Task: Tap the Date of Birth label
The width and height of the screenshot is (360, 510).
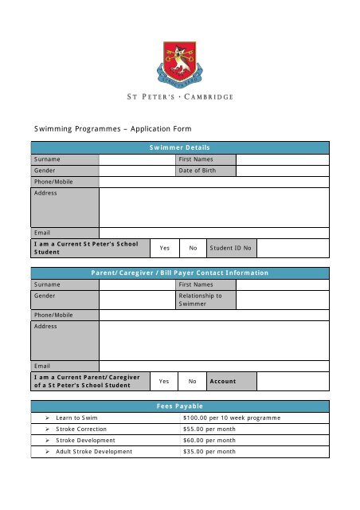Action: (196, 171)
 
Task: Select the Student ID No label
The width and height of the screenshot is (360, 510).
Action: (231, 249)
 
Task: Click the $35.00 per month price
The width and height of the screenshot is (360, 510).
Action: (209, 451)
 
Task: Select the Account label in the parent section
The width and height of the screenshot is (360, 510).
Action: (223, 381)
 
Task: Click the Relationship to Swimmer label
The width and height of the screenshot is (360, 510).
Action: (201, 300)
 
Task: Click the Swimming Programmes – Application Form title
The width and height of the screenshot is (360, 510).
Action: (112, 127)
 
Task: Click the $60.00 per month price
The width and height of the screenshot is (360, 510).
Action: (209, 440)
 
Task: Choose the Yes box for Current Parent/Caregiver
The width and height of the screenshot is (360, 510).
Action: (164, 381)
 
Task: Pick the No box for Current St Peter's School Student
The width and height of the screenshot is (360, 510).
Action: (193, 249)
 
